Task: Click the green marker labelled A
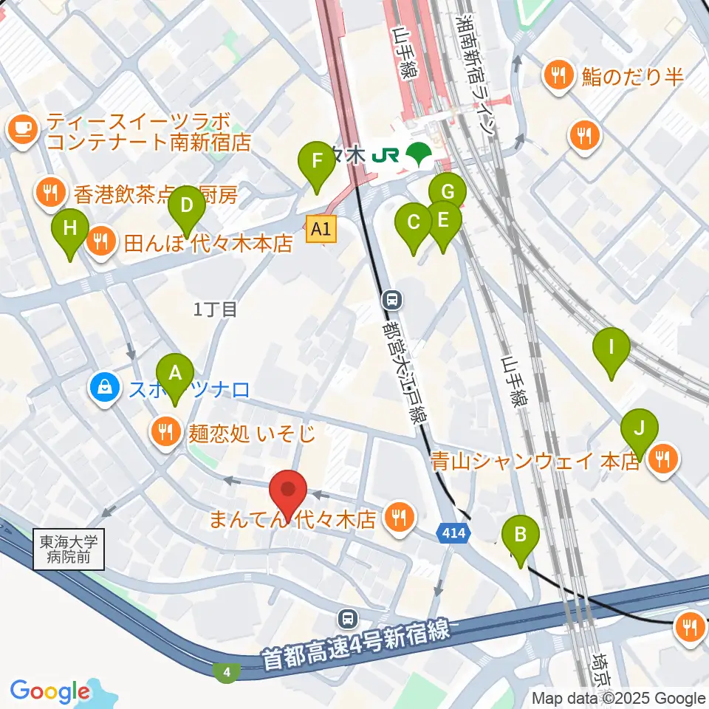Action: click(175, 374)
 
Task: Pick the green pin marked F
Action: click(317, 162)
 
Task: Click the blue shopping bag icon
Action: click(105, 387)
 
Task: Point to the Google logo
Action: click(50, 691)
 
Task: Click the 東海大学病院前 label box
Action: click(69, 549)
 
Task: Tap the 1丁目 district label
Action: click(215, 310)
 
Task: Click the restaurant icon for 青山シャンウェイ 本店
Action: click(661, 462)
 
